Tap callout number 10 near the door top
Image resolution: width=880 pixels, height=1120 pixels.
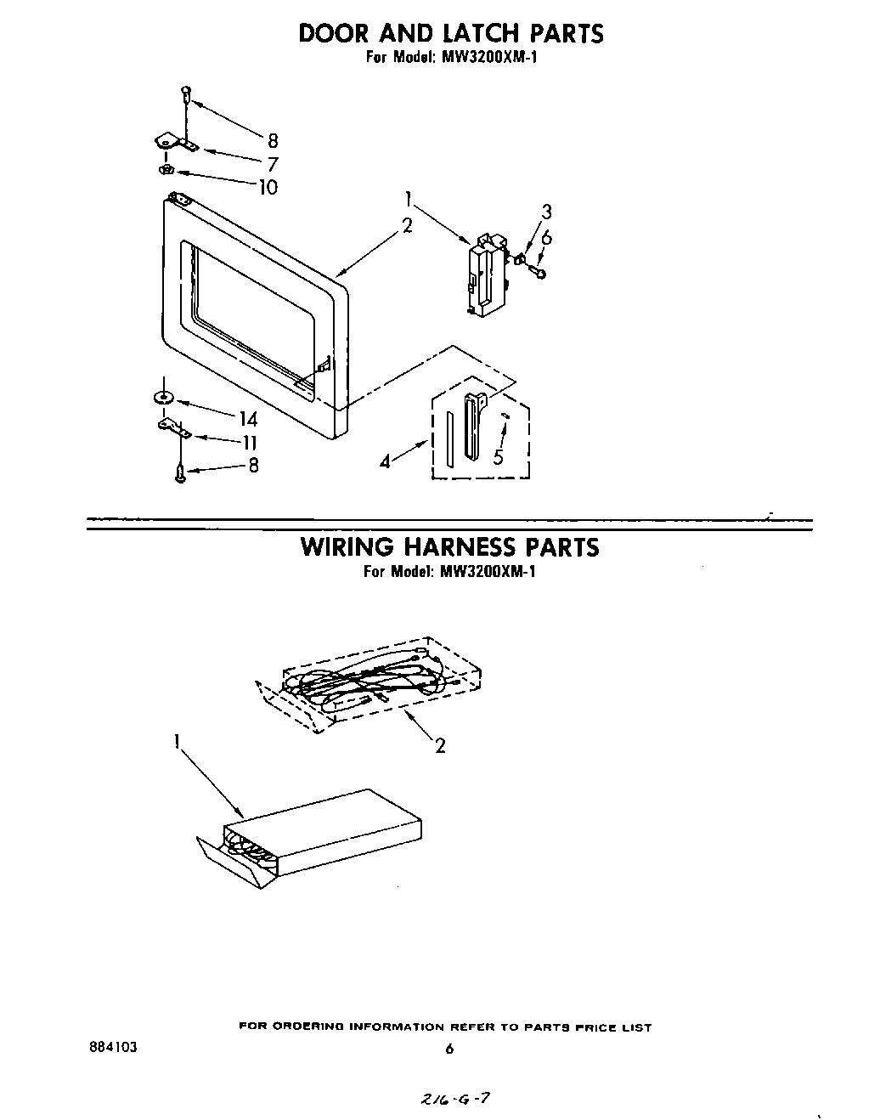(x=267, y=188)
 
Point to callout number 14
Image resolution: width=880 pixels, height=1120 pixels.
(x=248, y=419)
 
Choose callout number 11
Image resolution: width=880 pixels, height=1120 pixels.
(x=249, y=443)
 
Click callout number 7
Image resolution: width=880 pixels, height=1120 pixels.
(x=273, y=165)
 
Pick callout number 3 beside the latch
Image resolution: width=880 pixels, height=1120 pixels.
(x=547, y=212)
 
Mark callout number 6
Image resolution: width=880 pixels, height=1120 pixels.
(x=546, y=238)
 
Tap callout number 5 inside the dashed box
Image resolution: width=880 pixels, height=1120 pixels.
(x=498, y=457)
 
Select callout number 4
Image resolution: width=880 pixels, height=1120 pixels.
(x=386, y=461)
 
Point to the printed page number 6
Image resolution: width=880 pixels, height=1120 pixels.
(x=449, y=1049)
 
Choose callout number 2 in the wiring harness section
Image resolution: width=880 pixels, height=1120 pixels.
(x=440, y=745)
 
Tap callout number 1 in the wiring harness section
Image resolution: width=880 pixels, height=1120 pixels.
(x=177, y=742)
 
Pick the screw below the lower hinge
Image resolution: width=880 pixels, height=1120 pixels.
(x=180, y=472)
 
